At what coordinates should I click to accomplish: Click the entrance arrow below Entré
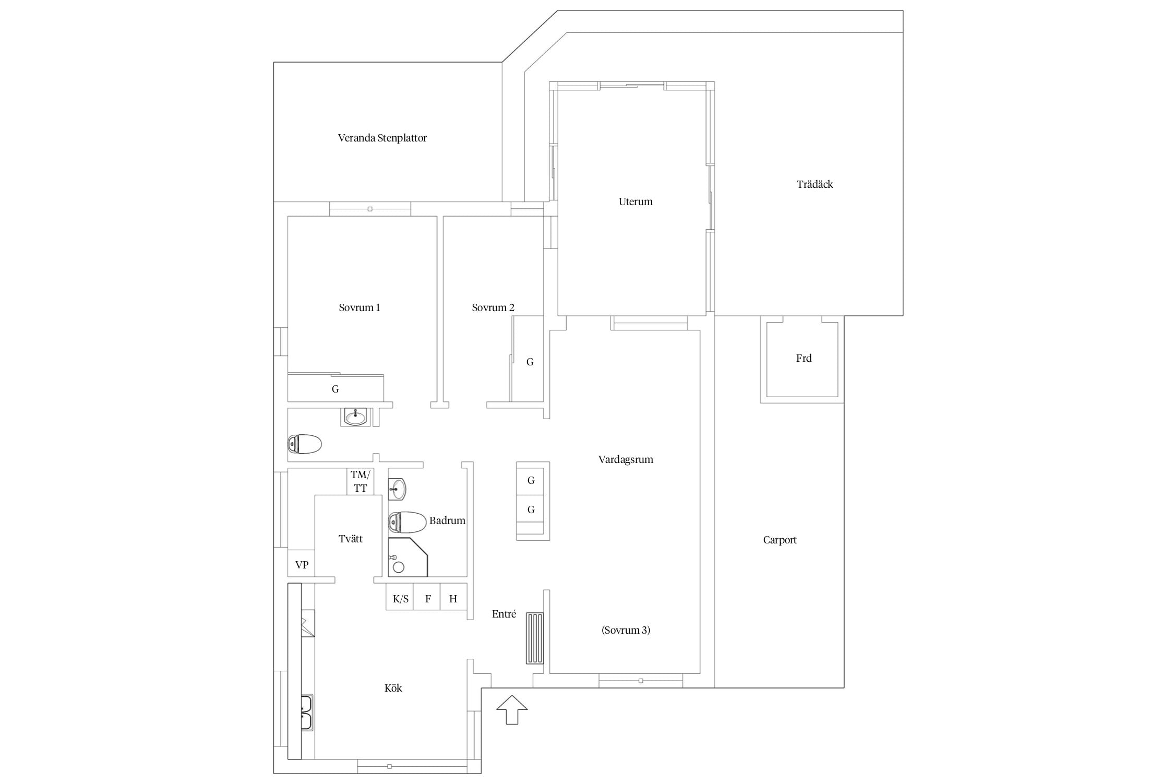(x=511, y=710)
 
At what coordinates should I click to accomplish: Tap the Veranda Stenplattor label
(x=382, y=138)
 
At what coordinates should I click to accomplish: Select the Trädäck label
(x=814, y=184)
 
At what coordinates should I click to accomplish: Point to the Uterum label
(x=636, y=201)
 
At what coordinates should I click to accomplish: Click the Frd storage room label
(x=804, y=358)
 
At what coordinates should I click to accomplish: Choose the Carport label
(x=780, y=540)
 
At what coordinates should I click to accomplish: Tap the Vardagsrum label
(x=626, y=460)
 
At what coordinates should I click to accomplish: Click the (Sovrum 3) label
(x=626, y=630)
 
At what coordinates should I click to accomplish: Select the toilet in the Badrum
(x=408, y=522)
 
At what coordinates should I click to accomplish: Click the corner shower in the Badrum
(x=408, y=557)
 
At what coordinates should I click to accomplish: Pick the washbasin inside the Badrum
(x=397, y=489)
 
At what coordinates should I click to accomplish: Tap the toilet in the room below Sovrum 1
(x=305, y=444)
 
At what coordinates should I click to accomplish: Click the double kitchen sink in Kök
(x=307, y=713)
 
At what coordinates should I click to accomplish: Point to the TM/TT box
(x=361, y=481)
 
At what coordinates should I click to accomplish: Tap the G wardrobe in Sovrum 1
(x=336, y=388)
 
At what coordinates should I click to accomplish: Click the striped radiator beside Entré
(x=534, y=638)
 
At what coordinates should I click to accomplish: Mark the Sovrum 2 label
(x=493, y=308)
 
